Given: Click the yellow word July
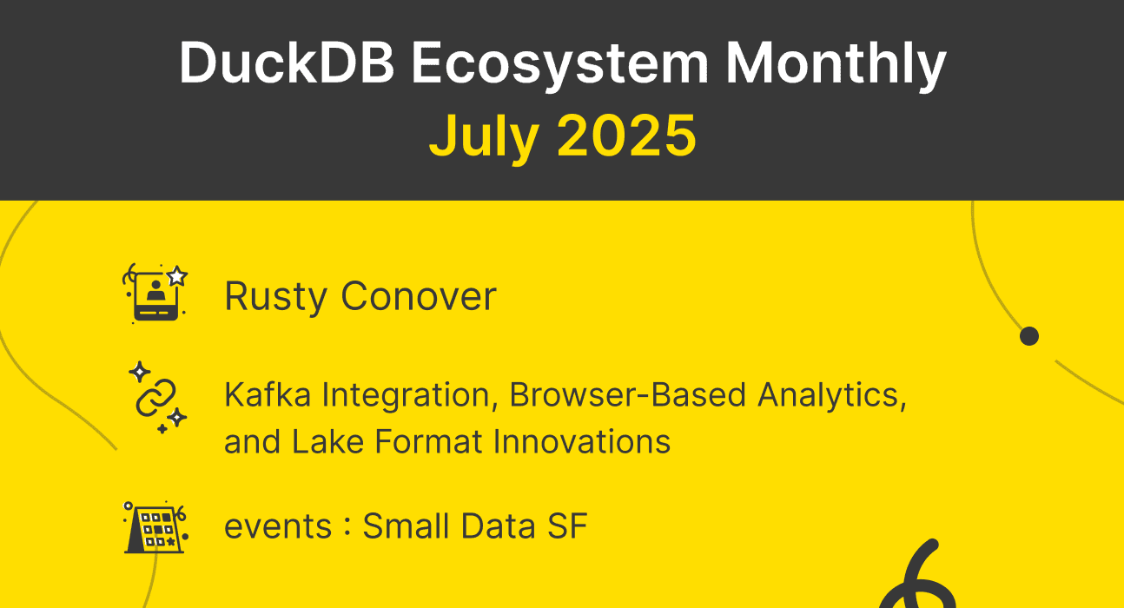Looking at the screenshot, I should pyautogui.click(x=485, y=136).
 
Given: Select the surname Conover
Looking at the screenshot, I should pyautogui.click(x=418, y=296).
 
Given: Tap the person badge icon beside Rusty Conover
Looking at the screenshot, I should pyautogui.click(x=156, y=294).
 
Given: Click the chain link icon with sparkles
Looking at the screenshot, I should pyautogui.click(x=156, y=397).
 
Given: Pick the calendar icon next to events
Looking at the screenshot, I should pyautogui.click(x=155, y=526).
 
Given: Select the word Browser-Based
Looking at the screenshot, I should pyautogui.click(x=628, y=395).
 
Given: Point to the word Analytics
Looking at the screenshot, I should pyautogui.click(x=830, y=395).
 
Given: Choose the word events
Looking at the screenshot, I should pyautogui.click(x=277, y=527).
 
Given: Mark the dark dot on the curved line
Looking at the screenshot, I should pyautogui.click(x=1029, y=336).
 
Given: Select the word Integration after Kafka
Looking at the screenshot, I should pyautogui.click(x=411, y=395).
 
